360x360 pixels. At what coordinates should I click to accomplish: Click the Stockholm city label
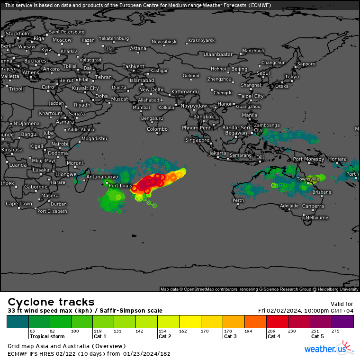tap(18, 34)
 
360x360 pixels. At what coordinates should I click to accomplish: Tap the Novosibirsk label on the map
tap(164, 42)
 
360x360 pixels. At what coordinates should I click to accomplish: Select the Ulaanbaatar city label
tap(218, 54)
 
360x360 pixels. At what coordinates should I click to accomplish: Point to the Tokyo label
tap(292, 77)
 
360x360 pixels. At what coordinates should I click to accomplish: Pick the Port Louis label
tap(120, 186)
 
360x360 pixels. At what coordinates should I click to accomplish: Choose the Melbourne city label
tap(316, 218)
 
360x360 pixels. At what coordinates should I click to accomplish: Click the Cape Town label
tap(19, 204)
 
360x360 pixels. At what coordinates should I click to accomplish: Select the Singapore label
tap(197, 140)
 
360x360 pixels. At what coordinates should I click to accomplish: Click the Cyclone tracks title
tap(51, 302)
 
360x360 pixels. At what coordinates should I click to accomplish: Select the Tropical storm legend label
tap(47, 337)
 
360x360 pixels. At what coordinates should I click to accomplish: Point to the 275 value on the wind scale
tap(335, 331)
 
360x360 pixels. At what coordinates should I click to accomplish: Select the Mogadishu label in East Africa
tap(94, 138)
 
